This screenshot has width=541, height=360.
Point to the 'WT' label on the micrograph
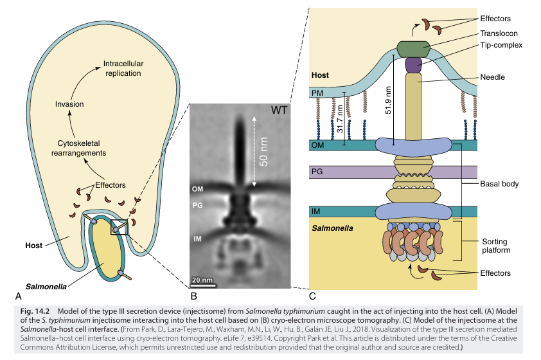tap(279, 110)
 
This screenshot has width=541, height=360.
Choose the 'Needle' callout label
tap(492, 77)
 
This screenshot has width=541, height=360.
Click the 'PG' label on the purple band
tap(317, 172)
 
